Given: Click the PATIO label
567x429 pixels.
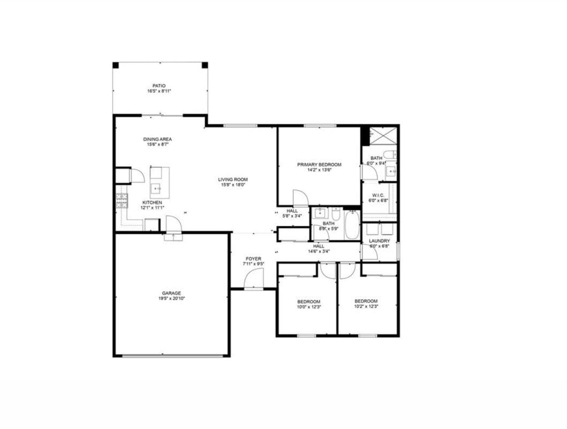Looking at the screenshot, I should pyautogui.click(x=159, y=86).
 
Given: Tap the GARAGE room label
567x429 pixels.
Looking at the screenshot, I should pyautogui.click(x=172, y=293).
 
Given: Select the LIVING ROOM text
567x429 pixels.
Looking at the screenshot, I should pyautogui.click(x=232, y=180).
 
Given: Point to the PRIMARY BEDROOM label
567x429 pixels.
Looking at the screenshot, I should pyautogui.click(x=319, y=165).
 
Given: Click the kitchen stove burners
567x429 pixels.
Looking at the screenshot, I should pyautogui.click(x=122, y=201).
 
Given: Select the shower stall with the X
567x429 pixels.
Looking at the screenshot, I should pyautogui.click(x=384, y=135).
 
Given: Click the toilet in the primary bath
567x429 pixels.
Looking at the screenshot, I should pyautogui.click(x=390, y=155).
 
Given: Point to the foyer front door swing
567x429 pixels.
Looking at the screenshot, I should pyautogui.click(x=254, y=278).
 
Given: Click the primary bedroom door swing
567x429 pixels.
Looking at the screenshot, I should pyautogui.click(x=300, y=197).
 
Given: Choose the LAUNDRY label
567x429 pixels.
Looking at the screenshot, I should pyautogui.click(x=380, y=241).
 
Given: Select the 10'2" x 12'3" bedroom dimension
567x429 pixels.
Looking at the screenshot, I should pyautogui.click(x=366, y=307).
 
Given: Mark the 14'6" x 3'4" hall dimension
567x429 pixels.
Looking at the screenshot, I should pyautogui.click(x=319, y=251).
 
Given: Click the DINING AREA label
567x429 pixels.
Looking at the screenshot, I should pyautogui.click(x=157, y=139).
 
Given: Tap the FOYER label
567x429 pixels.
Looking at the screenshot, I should pyautogui.click(x=253, y=258).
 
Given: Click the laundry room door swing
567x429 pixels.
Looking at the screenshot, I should pyautogui.click(x=370, y=253).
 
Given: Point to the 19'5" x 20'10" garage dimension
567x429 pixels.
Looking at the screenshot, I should pyautogui.click(x=172, y=298).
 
